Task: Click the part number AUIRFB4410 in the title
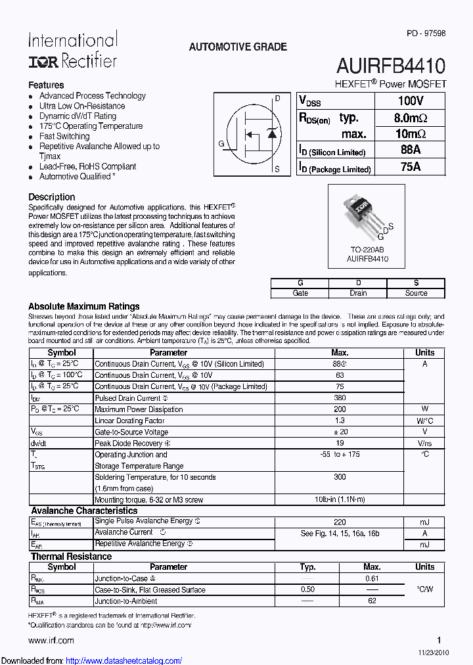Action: point(391,66)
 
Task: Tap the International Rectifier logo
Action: point(72,51)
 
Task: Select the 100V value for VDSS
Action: point(410,101)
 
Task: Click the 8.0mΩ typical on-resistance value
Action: point(410,118)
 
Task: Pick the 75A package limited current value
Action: point(410,167)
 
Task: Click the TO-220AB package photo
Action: point(365,216)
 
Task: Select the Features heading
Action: point(46,85)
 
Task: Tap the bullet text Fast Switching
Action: point(64,136)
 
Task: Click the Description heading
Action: point(51,196)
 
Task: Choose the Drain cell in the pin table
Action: point(358,293)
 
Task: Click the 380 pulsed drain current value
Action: point(340,398)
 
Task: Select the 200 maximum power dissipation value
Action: point(340,409)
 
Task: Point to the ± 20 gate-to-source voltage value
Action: point(340,432)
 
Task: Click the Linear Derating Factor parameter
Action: point(129,421)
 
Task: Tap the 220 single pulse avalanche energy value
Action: point(340,521)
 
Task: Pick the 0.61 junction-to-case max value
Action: point(372,578)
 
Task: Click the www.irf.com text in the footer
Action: point(51,640)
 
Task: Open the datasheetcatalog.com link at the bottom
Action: point(124,660)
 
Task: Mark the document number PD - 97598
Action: point(426,34)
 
